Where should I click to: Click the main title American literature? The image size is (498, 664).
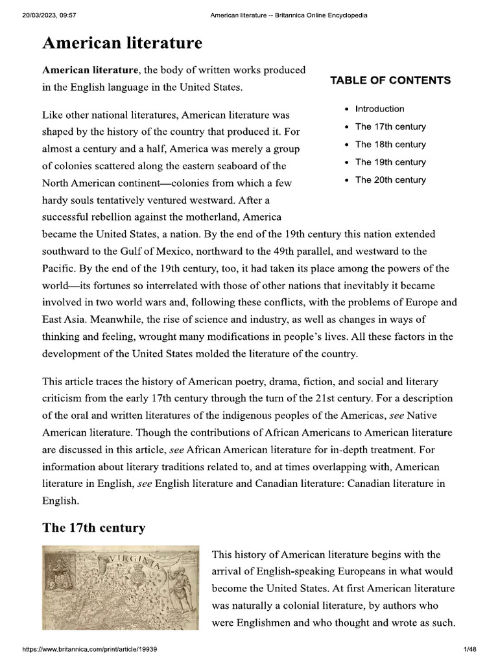pos(122,43)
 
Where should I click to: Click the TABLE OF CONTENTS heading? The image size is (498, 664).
pos(390,80)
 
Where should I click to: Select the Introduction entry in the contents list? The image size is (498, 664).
pos(379,109)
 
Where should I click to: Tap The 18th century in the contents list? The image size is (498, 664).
pos(390,145)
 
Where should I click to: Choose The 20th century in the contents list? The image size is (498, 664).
pos(390,180)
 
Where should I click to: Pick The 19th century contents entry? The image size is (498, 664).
pos(390,162)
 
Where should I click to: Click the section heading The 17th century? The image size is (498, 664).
pos(93,528)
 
